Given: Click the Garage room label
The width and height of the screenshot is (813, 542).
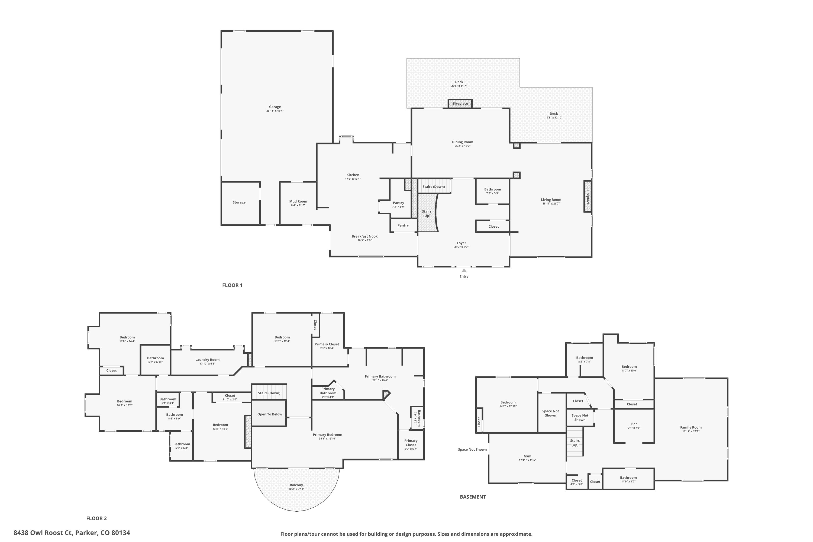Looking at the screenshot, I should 275,107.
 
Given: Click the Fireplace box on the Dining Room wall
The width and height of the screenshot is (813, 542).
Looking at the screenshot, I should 460,104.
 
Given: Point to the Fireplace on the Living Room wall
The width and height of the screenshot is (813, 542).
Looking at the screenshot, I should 587,197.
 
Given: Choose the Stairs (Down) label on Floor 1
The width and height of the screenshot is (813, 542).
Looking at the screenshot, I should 433,187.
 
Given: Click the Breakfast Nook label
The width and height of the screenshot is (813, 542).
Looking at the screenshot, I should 364,236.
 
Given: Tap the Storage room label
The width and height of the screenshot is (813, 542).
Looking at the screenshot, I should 239,202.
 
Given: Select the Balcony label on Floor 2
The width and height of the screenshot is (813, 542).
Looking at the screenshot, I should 296,485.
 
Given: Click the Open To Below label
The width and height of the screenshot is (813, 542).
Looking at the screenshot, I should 270,414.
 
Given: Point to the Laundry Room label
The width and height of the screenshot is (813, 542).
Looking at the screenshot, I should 207,360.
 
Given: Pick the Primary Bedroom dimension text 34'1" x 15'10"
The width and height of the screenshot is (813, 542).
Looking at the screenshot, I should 327,439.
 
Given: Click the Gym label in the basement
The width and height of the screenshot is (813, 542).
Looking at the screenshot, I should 527,456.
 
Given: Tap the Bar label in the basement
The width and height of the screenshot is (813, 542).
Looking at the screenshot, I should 634,424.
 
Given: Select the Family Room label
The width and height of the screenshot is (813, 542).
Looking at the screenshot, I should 691,427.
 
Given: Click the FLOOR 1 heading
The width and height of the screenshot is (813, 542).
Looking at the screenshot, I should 232,285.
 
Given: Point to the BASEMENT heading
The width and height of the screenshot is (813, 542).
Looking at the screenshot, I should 473,497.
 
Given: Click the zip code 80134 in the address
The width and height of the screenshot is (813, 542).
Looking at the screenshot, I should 121,533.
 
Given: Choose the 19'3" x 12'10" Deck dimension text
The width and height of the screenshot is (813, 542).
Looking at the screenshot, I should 554,118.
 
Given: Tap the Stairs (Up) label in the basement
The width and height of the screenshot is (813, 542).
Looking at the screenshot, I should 575,443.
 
